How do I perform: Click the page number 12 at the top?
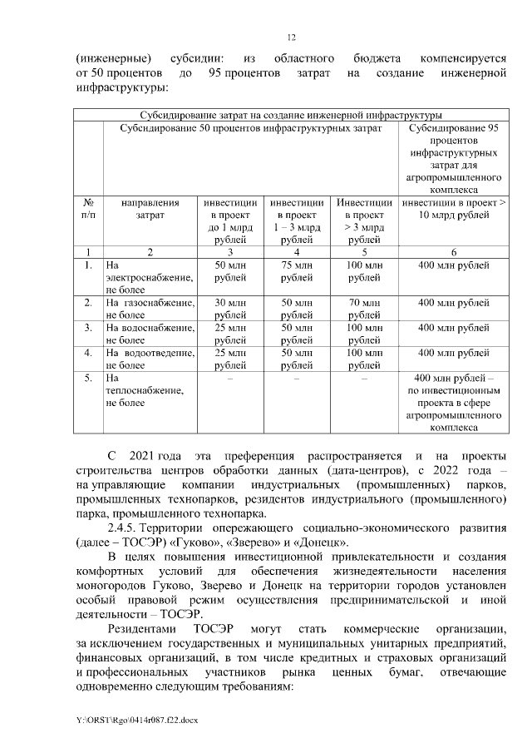291,37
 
